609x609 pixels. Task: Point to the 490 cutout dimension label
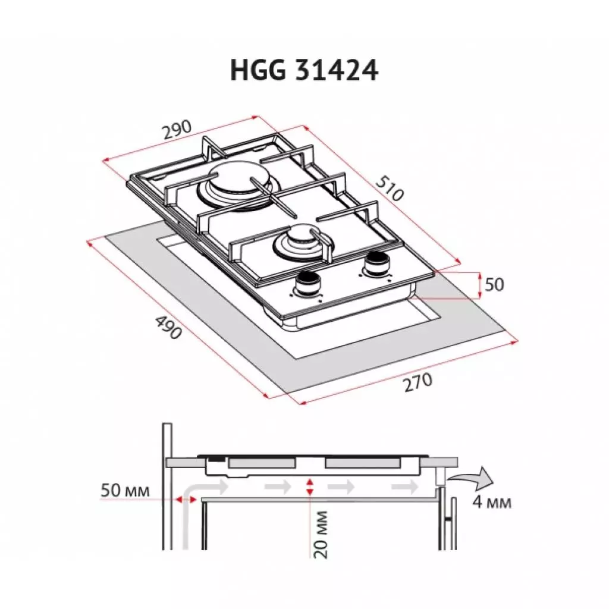coord(168,327)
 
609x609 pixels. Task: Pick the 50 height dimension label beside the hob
coord(494,285)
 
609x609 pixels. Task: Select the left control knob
coord(307,283)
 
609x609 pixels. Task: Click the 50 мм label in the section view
coord(124,491)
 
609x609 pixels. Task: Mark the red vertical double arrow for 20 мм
coord(308,486)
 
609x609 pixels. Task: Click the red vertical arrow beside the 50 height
coord(479,285)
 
